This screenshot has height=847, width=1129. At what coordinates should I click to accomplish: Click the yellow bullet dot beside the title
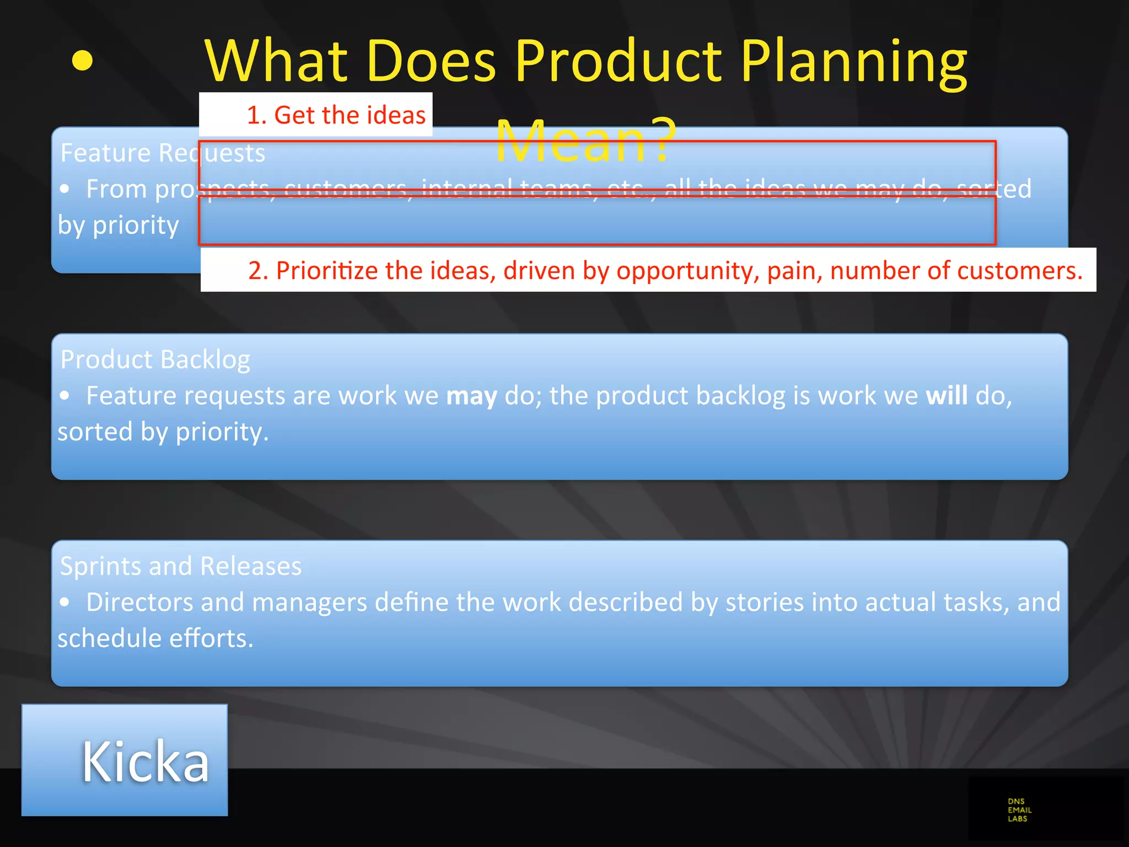(x=82, y=61)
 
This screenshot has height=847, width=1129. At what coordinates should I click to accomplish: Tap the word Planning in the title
(x=854, y=62)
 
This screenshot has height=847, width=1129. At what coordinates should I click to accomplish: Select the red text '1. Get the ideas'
(x=336, y=115)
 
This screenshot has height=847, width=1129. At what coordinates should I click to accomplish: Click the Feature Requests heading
(x=163, y=153)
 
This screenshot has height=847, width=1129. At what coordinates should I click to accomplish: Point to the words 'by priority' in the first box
(x=119, y=226)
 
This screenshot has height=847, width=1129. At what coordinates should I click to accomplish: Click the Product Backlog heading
(x=155, y=360)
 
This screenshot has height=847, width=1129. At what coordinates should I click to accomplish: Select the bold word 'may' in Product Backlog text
(x=471, y=396)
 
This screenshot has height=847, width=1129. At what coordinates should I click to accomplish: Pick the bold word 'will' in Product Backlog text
(x=946, y=396)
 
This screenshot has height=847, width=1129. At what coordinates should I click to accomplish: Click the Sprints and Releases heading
(x=181, y=566)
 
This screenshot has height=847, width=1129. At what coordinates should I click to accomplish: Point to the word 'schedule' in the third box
(x=110, y=639)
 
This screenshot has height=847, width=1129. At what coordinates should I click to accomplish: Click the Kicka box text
(x=146, y=762)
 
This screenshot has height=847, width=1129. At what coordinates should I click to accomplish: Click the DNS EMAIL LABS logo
(x=1019, y=810)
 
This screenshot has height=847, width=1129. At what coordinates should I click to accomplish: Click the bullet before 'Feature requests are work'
(x=65, y=396)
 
